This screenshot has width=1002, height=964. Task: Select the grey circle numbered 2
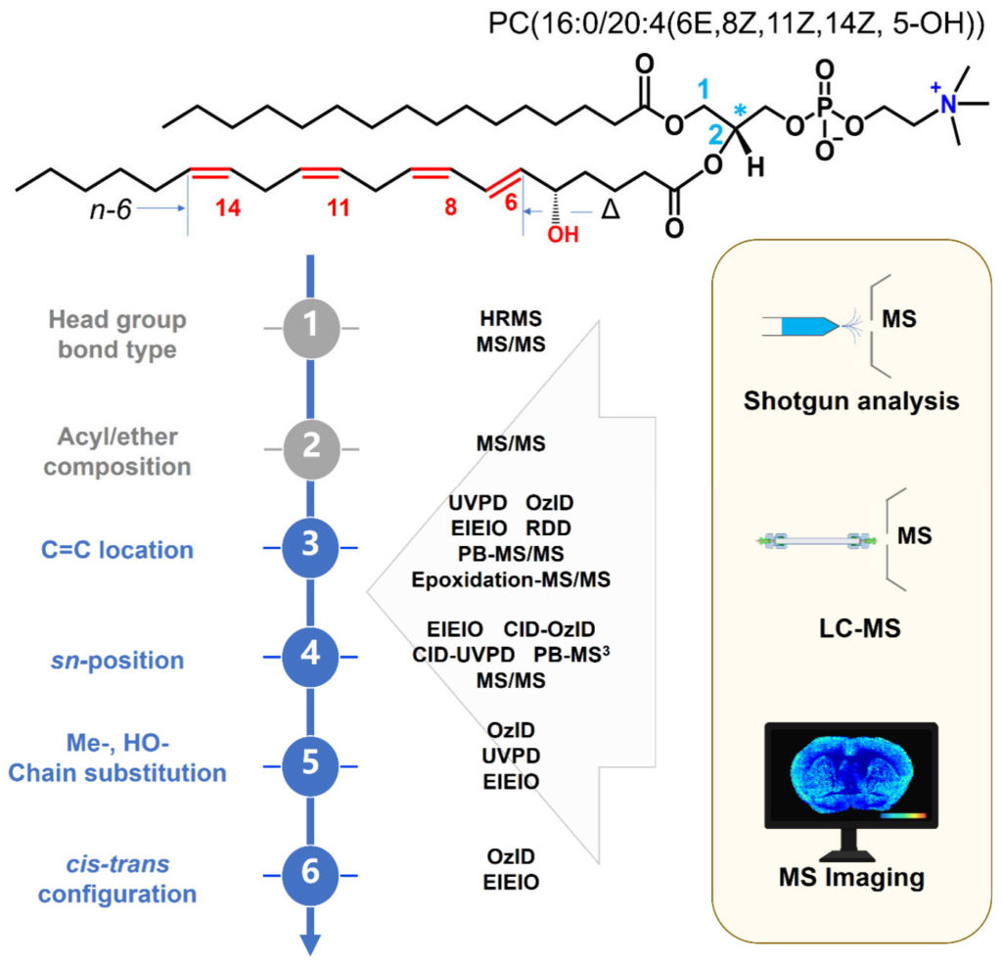[309, 447]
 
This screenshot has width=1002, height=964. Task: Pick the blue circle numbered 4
[309, 657]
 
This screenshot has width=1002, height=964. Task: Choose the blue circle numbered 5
[309, 758]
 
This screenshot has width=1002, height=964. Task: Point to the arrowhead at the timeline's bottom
[309, 941]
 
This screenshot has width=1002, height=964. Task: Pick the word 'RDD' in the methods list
[547, 529]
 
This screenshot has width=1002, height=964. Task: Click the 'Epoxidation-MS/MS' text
[510, 579]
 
